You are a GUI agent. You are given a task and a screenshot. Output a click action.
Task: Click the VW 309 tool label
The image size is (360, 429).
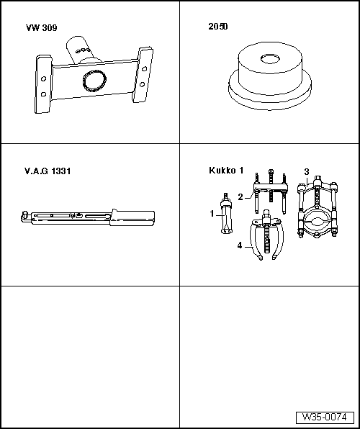tap(42, 28)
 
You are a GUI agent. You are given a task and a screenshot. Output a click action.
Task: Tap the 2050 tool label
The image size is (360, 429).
tap(218, 27)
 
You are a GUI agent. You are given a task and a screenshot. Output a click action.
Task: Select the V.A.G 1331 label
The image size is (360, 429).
tap(48, 171)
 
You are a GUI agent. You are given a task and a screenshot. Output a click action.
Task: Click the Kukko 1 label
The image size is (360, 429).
tap(226, 171)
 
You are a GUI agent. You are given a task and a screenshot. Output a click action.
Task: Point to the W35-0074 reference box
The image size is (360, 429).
tap(325, 417)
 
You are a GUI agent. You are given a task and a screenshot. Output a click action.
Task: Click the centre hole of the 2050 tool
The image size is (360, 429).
tap(270, 58)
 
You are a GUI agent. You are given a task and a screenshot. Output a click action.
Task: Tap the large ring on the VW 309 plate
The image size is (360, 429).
tap(94, 80)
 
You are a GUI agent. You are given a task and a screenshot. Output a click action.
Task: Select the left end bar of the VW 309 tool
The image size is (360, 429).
tap(43, 84)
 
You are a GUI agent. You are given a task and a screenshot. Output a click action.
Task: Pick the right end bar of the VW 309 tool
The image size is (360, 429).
tap(143, 75)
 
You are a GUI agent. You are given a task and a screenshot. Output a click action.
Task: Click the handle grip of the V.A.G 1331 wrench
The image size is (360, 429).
tap(132, 218)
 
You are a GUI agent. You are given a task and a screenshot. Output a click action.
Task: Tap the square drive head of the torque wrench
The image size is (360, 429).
tap(25, 216)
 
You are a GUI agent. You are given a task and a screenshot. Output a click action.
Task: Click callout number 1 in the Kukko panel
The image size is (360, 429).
tap(212, 214)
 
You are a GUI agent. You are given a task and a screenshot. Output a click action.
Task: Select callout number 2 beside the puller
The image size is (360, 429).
tap(240, 197)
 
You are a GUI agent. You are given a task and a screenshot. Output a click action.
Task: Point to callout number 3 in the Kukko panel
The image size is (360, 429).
tap(307, 172)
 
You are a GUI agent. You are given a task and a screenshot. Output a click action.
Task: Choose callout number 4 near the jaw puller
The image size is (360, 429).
tap(240, 245)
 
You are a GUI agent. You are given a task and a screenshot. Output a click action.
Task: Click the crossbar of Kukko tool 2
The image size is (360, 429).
tap(271, 189)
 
